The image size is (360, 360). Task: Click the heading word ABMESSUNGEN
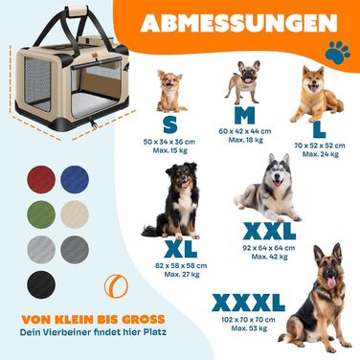click(x=239, y=23)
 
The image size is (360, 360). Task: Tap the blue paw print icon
click(x=338, y=53)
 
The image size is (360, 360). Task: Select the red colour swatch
click(x=41, y=179)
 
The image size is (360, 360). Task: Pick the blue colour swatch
click(x=75, y=179)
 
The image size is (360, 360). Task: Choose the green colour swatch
click(x=41, y=214)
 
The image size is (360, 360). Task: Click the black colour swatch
click(x=41, y=284)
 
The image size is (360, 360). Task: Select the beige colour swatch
click(x=75, y=214)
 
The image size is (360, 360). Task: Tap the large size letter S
click(x=169, y=124)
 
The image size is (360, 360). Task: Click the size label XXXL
click(x=248, y=303)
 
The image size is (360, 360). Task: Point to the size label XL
click(x=181, y=249)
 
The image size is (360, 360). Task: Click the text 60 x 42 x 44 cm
click(x=245, y=131)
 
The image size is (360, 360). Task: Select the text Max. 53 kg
click(x=249, y=328)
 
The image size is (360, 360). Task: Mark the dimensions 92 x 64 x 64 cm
click(x=269, y=248)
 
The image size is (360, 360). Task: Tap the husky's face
click(x=278, y=174)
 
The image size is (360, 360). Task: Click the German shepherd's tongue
click(x=332, y=283)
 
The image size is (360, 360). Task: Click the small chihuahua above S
click(x=171, y=92)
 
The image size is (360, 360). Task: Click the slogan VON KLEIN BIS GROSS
click(x=94, y=319)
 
